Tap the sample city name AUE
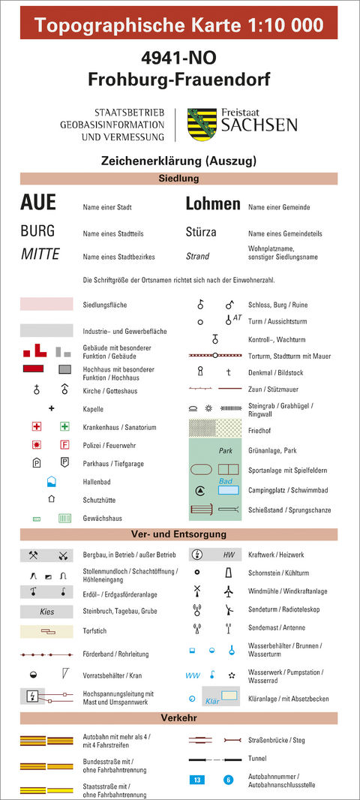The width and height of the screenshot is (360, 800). pos(38,203)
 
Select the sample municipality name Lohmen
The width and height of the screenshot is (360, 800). pos(213,203)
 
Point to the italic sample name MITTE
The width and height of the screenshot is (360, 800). pos(40,254)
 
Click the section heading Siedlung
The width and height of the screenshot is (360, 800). pos(178,179)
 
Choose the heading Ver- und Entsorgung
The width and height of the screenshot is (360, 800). pos(178,534)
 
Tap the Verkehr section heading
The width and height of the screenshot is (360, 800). pos(178,718)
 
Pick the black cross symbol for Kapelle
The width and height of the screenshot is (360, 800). pos(52,408)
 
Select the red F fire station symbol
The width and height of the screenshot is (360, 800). pos(64,444)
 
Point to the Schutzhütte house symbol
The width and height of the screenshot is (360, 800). pos(52,498)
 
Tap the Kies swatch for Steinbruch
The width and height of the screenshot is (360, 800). pos(46,612)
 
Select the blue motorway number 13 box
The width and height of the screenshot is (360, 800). pos(196,780)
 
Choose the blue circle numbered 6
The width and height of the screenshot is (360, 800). pos(229,780)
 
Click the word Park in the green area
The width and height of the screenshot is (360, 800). pos(226,452)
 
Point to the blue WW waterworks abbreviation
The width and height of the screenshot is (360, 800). pos(193,675)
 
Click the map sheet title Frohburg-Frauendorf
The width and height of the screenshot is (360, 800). pos(178,78)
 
